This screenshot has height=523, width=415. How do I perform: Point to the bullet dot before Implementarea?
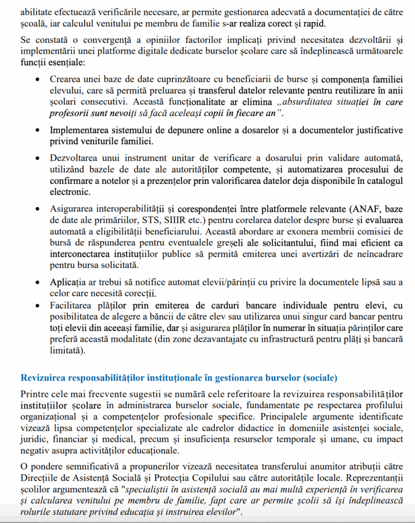point(37,130)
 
